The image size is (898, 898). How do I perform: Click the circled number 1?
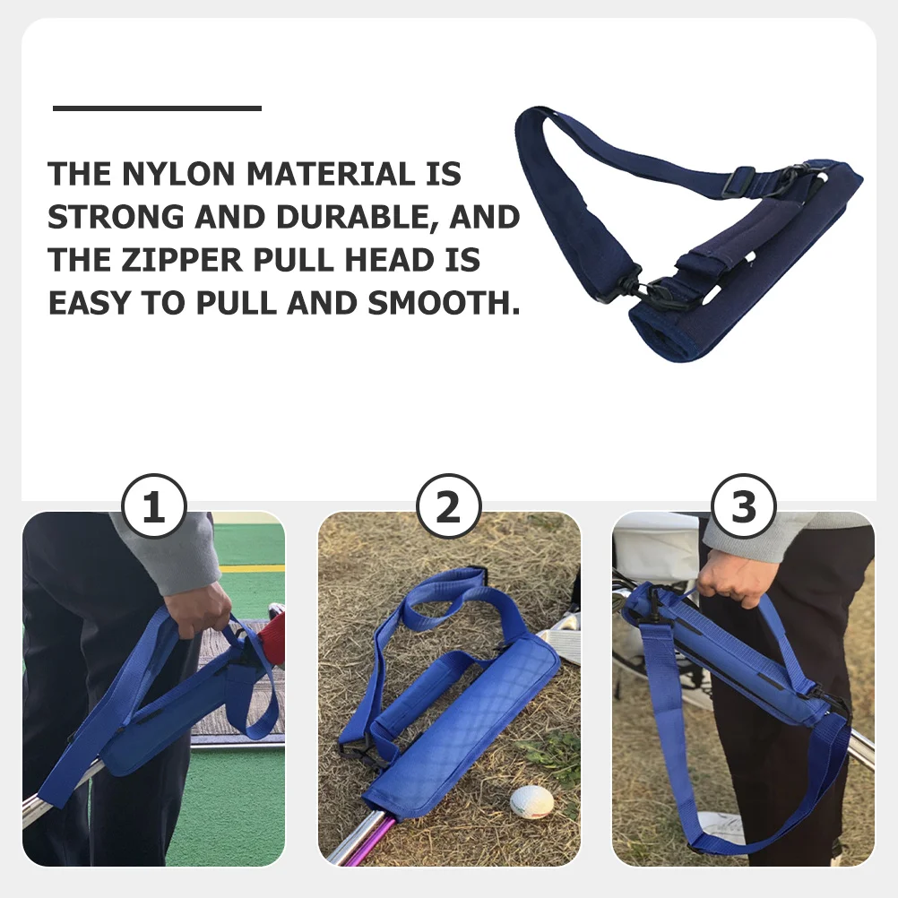click(x=153, y=507)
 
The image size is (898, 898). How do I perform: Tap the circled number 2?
click(x=447, y=507)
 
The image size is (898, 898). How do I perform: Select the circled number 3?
click(x=743, y=507)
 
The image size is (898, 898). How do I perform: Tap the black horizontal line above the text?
click(x=157, y=108)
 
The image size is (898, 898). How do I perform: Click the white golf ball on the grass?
click(x=531, y=800)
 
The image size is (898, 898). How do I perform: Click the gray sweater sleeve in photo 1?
click(x=170, y=551)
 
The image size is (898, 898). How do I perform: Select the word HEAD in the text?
click(x=391, y=260)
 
